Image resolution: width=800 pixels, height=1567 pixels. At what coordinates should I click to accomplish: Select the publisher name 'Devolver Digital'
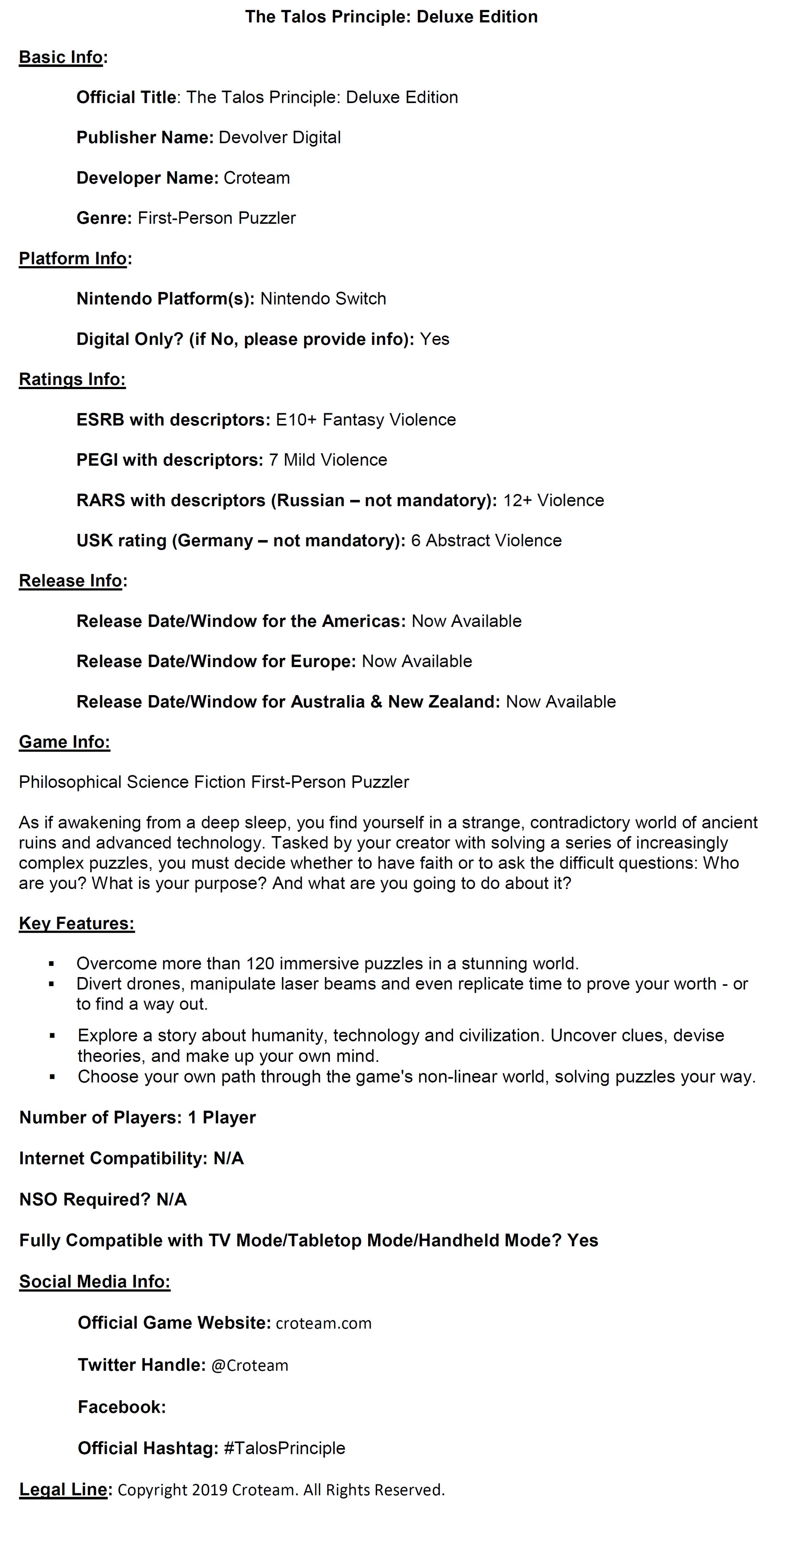pos(279,138)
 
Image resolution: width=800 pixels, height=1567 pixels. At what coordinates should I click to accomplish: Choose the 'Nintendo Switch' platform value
pos(323,299)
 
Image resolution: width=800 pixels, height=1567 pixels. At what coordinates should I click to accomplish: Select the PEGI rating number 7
pos(273,460)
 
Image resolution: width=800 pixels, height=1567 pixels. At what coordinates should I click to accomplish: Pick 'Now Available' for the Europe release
pos(417,661)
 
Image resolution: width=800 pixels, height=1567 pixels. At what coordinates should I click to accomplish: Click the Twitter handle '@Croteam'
pos(249,1365)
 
